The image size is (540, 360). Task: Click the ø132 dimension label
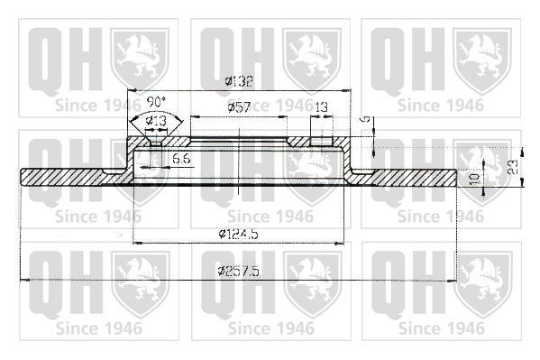[x=239, y=82]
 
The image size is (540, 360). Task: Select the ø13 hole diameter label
[x=155, y=121]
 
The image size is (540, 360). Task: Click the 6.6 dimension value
[x=179, y=159]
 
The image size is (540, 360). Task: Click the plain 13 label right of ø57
[x=321, y=107]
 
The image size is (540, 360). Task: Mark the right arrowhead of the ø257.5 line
[x=453, y=281]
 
